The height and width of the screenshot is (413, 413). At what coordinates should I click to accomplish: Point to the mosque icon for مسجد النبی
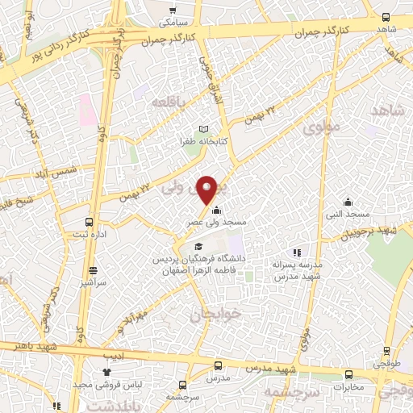[x=347, y=202]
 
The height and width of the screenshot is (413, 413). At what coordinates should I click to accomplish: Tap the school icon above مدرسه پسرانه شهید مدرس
[x=297, y=253]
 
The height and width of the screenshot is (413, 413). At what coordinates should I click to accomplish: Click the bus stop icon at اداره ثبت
[x=89, y=223]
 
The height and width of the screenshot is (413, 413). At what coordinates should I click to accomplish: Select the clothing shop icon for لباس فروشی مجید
[x=108, y=372]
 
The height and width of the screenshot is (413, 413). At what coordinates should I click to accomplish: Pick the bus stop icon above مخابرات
[x=348, y=374]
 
